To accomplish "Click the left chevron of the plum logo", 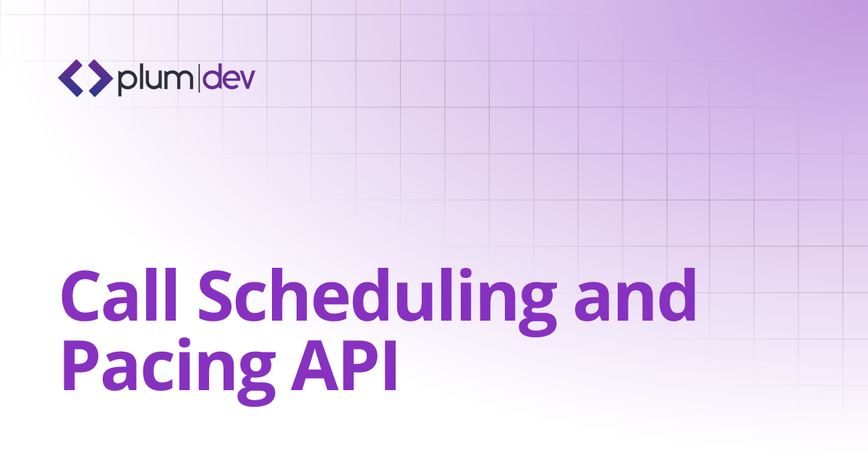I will click(x=70, y=79).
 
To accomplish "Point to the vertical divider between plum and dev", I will click(x=199, y=78).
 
